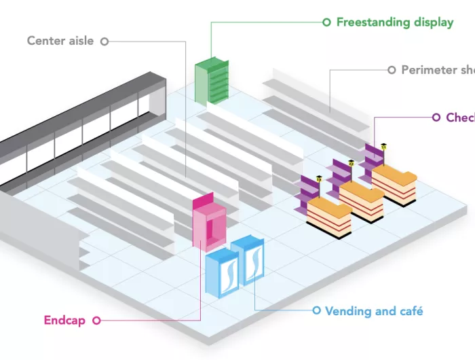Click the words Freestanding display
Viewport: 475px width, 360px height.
pyautogui.click(x=395, y=22)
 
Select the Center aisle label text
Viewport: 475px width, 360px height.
pyautogui.click(x=60, y=41)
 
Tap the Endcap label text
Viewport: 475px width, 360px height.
pyautogui.click(x=64, y=320)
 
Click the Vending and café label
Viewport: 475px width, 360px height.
pyautogui.click(x=374, y=311)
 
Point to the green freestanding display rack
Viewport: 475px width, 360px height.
pyautogui.click(x=211, y=82)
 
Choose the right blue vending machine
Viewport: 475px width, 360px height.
pyautogui.click(x=249, y=262)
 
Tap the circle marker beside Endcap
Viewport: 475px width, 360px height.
pyautogui.click(x=96, y=320)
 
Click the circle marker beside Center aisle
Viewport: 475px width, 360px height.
pyautogui.click(x=104, y=41)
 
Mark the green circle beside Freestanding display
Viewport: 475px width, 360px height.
pyautogui.click(x=327, y=22)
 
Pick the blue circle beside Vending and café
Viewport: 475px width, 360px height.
pyautogui.click(x=316, y=310)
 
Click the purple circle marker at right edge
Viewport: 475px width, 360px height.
pyautogui.click(x=436, y=118)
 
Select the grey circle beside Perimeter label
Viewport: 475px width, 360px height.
pyautogui.click(x=392, y=70)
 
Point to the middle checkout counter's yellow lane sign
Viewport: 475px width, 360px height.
pyautogui.click(x=351, y=162)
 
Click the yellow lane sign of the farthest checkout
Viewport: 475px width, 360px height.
pyautogui.click(x=383, y=146)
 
